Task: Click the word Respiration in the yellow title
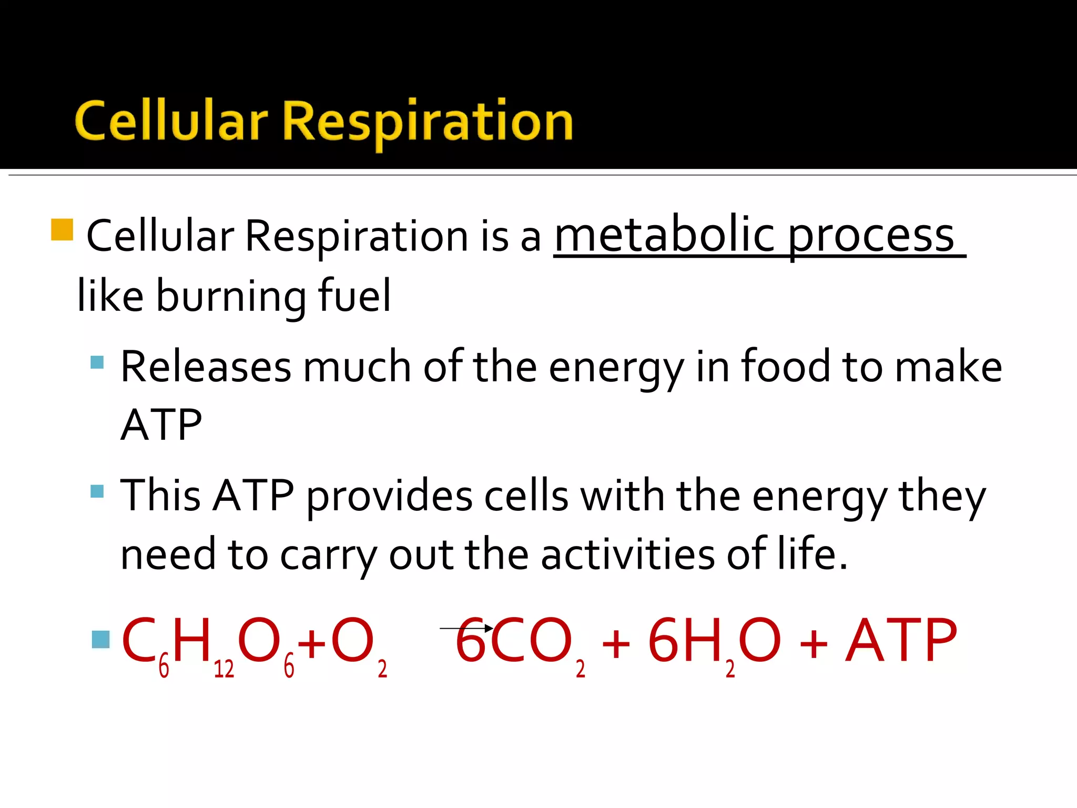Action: click(x=428, y=122)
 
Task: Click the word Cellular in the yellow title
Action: click(x=171, y=122)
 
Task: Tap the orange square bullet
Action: click(x=62, y=230)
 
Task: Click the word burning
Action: click(x=231, y=296)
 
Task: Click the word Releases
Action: click(x=206, y=366)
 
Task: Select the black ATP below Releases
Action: click(x=161, y=425)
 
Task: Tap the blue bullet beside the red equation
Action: click(x=100, y=639)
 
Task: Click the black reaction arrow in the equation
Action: click(x=466, y=628)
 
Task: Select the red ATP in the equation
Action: click(x=901, y=640)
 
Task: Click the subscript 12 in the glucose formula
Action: click(x=223, y=669)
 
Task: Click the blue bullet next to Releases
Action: click(x=97, y=362)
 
